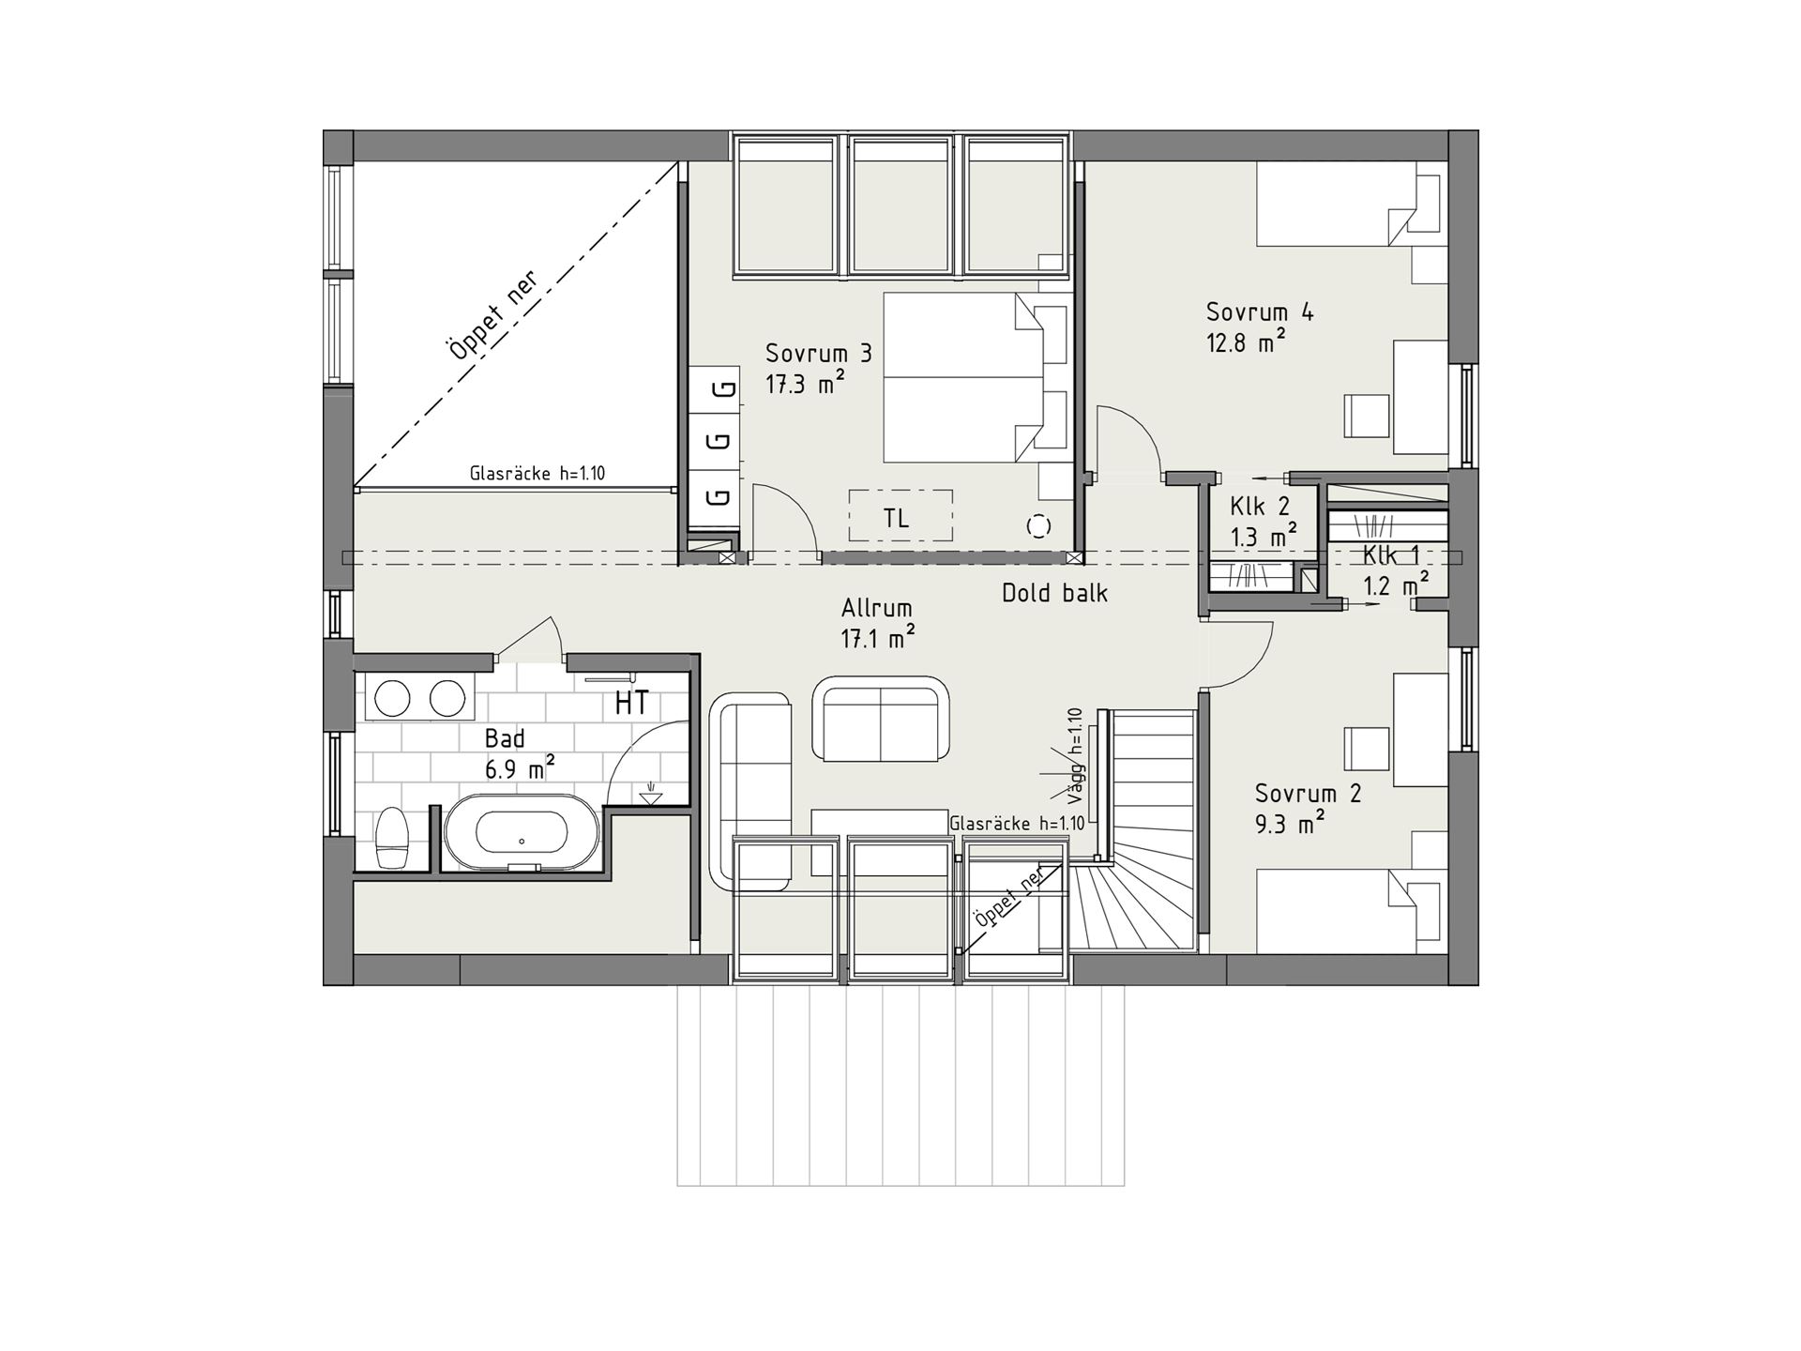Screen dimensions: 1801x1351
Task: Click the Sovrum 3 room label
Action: point(819,354)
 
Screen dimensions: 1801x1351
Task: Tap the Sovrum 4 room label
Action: point(1260,311)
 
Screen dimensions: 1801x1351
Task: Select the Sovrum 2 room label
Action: point(1309,794)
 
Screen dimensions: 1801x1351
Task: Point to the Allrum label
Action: point(877,608)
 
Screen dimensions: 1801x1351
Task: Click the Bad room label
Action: point(505,738)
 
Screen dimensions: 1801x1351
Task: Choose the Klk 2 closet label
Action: point(1260,507)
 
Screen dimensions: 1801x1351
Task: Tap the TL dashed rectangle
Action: point(900,515)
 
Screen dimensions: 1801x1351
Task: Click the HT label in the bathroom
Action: point(631,703)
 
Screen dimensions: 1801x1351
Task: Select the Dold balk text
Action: point(1054,593)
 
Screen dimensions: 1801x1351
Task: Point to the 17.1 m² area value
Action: point(878,639)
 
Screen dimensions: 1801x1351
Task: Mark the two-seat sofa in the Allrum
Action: point(881,719)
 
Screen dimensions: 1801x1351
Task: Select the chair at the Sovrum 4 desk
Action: point(1366,416)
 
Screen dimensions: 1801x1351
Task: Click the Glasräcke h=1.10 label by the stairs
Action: point(1017,824)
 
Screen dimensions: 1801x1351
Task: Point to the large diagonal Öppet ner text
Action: point(493,315)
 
